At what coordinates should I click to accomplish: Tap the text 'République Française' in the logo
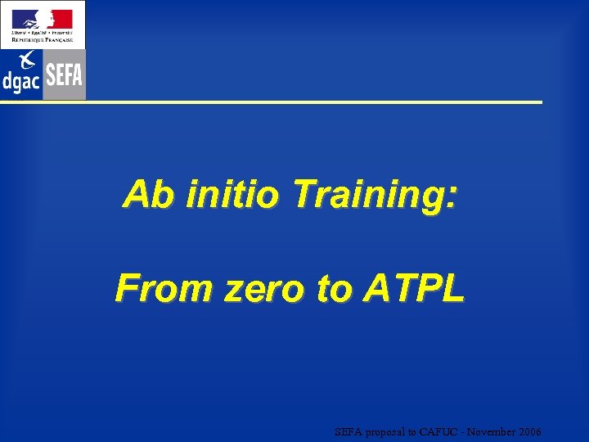pos(42,39)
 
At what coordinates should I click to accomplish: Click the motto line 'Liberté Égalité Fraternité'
pos(42,33)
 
